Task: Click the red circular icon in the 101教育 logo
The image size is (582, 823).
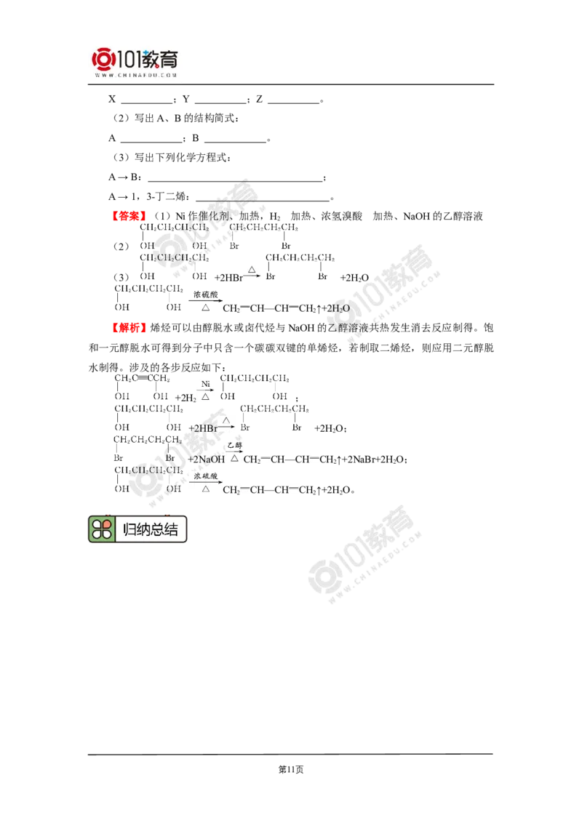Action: pyautogui.click(x=103, y=60)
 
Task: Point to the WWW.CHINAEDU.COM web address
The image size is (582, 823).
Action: pyautogui.click(x=136, y=75)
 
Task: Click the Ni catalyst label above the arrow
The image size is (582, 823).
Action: pyautogui.click(x=205, y=384)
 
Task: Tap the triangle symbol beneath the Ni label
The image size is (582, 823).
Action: pyautogui.click(x=205, y=397)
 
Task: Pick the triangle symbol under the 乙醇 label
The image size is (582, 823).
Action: pyautogui.click(x=234, y=458)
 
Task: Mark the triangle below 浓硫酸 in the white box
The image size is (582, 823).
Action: pyautogui.click(x=205, y=489)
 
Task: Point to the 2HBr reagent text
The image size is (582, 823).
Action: pyautogui.click(x=203, y=428)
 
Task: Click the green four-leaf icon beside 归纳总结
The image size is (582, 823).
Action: pyautogui.click(x=102, y=529)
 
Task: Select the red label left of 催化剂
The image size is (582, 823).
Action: pyautogui.click(x=128, y=215)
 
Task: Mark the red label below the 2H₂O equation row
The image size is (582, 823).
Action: pyautogui.click(x=128, y=328)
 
